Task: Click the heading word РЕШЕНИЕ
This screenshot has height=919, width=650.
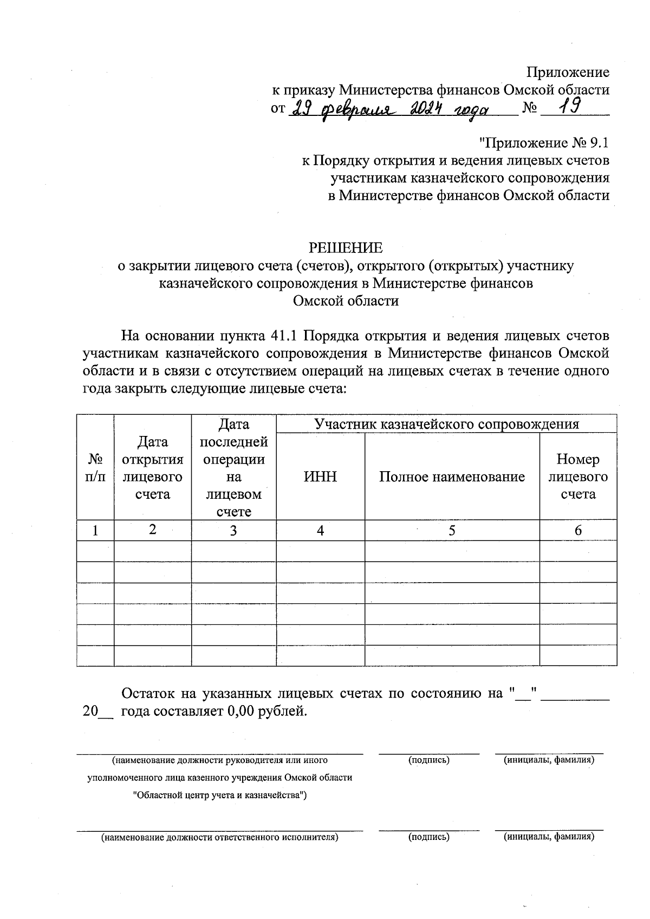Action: tap(345, 247)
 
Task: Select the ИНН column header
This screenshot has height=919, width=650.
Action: tap(320, 477)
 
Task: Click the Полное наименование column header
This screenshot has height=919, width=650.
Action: tap(452, 477)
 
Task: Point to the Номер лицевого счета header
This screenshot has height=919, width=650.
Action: tap(578, 477)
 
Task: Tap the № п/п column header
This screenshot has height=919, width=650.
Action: tap(95, 468)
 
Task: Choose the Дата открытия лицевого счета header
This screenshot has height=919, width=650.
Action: tap(153, 468)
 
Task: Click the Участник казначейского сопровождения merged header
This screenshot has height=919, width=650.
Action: tap(446, 423)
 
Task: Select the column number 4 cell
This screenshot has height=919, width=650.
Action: tap(320, 531)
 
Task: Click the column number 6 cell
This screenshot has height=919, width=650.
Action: tap(578, 531)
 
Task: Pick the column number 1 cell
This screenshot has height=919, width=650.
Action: tap(95, 531)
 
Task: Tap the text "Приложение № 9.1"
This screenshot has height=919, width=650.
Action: tap(544, 143)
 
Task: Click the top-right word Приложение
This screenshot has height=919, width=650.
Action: tap(568, 72)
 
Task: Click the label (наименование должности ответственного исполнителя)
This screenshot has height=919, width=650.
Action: tap(219, 837)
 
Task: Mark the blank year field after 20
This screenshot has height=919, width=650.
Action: tap(106, 712)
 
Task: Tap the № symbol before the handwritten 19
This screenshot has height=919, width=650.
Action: tap(529, 108)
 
